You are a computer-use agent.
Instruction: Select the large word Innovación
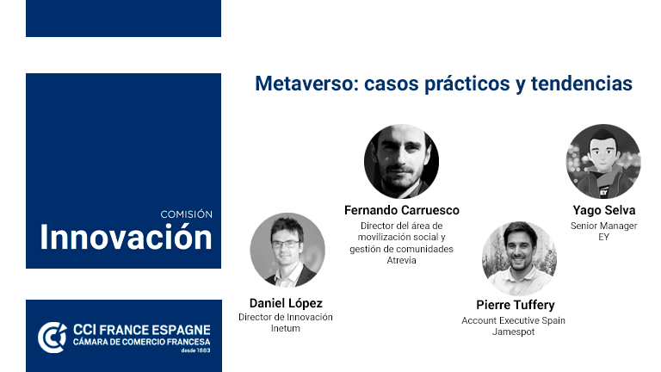(x=126, y=237)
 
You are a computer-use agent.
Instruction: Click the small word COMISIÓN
(x=186, y=214)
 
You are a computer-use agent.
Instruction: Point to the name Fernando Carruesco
(x=401, y=210)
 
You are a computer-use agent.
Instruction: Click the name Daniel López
(x=286, y=303)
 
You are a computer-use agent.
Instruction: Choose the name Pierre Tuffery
(x=516, y=305)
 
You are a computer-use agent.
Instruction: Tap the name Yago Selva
(x=603, y=210)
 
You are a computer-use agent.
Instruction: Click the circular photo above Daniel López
(x=287, y=250)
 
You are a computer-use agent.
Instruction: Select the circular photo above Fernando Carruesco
(x=401, y=162)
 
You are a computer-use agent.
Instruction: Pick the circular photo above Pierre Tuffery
(x=519, y=257)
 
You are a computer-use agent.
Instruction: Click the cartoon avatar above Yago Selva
(x=603, y=162)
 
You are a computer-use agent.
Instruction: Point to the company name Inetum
(x=286, y=328)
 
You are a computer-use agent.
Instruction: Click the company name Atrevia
(x=401, y=261)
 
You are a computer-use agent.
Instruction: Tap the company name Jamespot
(x=516, y=332)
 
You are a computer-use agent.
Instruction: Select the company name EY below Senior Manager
(x=603, y=237)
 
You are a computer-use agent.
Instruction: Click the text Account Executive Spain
(x=516, y=319)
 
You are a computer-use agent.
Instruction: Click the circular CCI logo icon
(x=52, y=337)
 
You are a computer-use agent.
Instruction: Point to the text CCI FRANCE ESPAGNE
(x=140, y=331)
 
